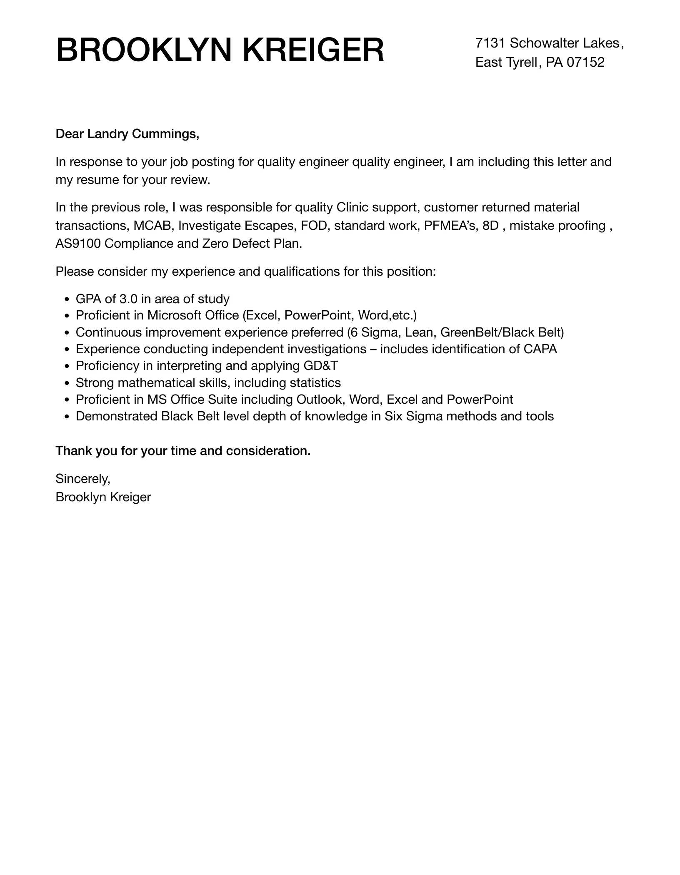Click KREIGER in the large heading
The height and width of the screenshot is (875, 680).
click(313, 50)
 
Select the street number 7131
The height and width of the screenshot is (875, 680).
click(490, 43)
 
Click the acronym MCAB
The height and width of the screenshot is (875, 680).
click(152, 226)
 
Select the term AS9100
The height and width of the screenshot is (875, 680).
click(78, 244)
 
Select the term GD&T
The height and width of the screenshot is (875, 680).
click(320, 366)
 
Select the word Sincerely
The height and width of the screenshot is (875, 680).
click(82, 479)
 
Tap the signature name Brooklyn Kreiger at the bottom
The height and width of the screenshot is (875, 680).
click(103, 497)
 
